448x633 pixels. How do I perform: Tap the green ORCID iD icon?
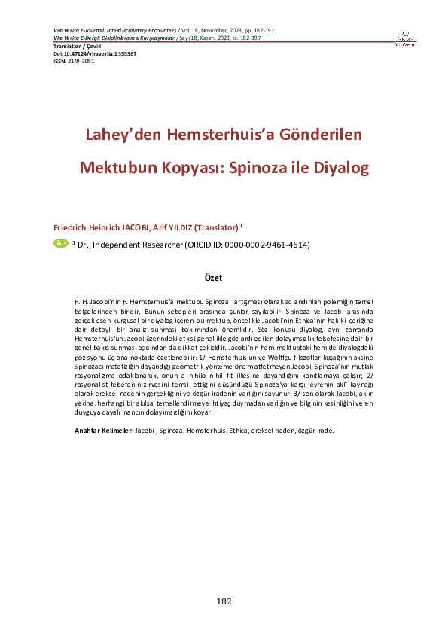click(60, 243)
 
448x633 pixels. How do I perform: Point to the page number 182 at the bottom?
click(224, 601)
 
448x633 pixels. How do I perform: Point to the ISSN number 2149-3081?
click(81, 62)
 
